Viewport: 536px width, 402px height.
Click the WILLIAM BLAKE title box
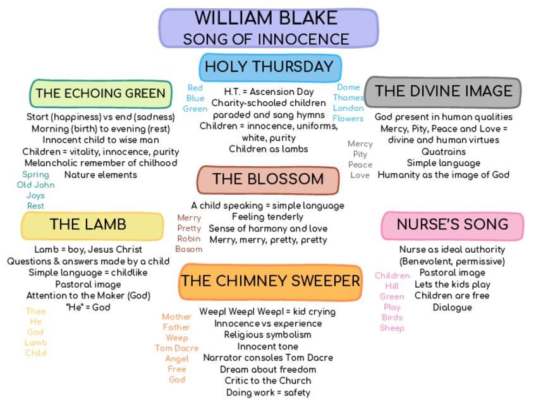coord(268,28)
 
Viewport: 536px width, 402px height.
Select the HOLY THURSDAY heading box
coord(270,67)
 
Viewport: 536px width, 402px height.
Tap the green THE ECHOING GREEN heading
coord(100,94)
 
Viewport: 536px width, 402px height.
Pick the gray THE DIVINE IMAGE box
coord(443,92)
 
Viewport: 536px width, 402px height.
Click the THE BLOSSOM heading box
coord(268,180)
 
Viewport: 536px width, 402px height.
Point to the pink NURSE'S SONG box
coord(452,225)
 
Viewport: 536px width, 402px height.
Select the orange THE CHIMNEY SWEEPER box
coord(271,281)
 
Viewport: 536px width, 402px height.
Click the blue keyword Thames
coord(348,98)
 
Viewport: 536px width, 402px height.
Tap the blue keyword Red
coord(195,88)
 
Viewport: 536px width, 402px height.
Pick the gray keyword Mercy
coord(360,144)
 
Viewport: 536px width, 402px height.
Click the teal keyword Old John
coord(35,185)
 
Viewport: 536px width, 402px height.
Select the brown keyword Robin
coord(189,239)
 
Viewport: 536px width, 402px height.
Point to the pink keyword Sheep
coord(392,328)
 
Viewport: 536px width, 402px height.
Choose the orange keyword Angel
coord(177,358)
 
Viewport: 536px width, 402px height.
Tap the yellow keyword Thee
coord(36,311)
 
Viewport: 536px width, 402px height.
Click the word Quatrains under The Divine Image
coord(443,152)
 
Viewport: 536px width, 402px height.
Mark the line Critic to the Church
coord(268,381)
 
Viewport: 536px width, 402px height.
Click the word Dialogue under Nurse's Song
coord(452,307)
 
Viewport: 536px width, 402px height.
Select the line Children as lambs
coord(268,149)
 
